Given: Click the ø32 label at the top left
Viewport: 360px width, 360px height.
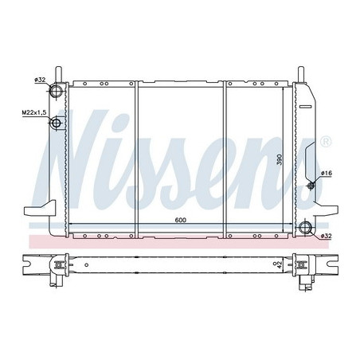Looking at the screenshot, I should (x=38, y=80).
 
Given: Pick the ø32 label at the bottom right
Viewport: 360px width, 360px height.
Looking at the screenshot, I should (x=326, y=236).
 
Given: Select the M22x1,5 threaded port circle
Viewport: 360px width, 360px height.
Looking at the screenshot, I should (x=57, y=123).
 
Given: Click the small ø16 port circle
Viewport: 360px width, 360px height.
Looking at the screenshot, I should (x=311, y=186).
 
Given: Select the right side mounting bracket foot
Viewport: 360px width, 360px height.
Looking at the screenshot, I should (x=327, y=210).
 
